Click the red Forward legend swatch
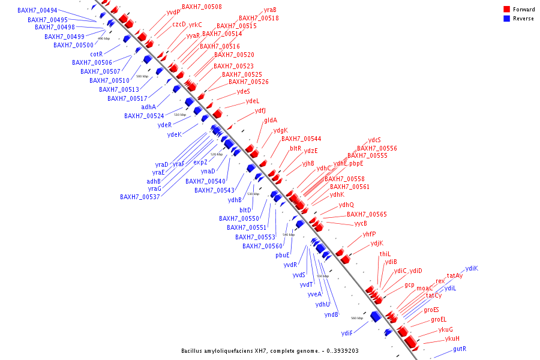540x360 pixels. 507,10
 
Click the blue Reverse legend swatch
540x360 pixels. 507,18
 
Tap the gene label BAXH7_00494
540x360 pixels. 37,10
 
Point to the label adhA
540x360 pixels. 148,107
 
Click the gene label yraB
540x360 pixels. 270,10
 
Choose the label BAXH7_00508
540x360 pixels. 202,7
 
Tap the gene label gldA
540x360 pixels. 271,121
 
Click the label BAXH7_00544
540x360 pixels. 301,139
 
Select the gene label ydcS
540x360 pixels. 374,140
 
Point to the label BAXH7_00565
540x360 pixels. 367,214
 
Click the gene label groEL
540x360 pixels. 439,319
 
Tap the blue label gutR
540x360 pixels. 460,349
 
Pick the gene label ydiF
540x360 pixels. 347,332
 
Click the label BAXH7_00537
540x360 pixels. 140,196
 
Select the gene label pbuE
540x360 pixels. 283,255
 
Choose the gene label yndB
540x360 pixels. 332,314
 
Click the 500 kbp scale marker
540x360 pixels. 142,76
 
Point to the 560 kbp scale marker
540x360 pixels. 356,318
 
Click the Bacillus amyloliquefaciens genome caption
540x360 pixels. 270,350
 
